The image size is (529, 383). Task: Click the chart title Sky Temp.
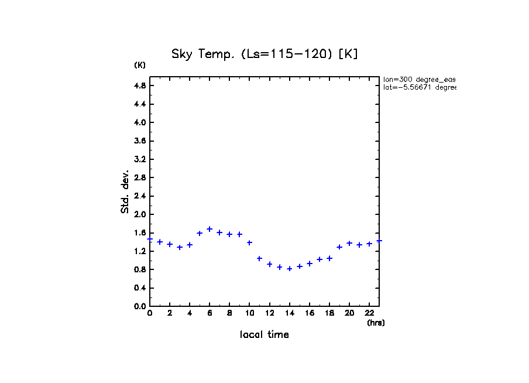coord(264,54)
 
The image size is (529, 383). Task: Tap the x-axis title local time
coord(264,335)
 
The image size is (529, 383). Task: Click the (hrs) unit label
coord(376,323)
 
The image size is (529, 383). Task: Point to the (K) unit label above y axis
coord(140,65)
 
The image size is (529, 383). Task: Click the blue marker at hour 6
coord(209,229)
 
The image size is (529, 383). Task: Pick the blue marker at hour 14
coord(290,269)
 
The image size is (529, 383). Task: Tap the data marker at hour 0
coord(150,239)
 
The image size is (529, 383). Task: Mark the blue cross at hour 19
coord(339,247)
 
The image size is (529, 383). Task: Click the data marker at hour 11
coord(259,258)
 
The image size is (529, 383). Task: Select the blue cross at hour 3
coord(180,247)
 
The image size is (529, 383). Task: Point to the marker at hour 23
coord(379,240)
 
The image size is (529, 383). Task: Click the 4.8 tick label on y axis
coord(140,86)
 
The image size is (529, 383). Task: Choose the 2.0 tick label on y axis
coord(140,214)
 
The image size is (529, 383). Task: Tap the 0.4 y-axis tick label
coord(140,288)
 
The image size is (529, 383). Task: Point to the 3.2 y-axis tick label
coord(140,159)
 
